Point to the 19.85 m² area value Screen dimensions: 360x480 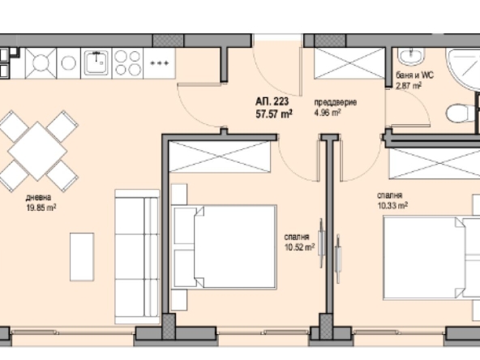pos(40,208)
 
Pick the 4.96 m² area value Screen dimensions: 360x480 pos(327,113)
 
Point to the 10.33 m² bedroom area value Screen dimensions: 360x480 pos(392,205)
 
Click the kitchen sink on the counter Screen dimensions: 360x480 pos(97,60)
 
